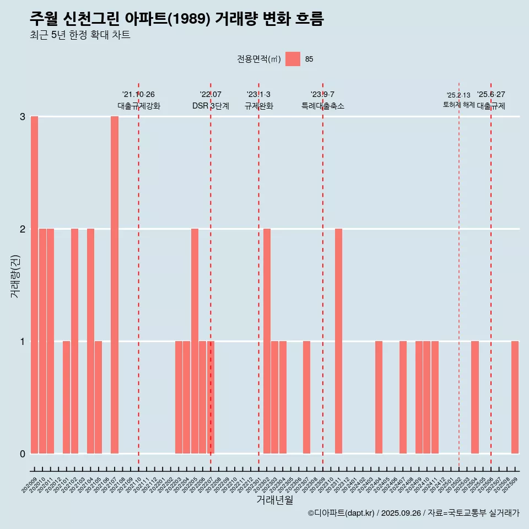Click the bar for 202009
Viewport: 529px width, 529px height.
click(x=34, y=285)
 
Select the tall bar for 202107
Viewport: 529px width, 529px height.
click(x=115, y=285)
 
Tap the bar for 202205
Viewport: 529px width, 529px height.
click(x=195, y=341)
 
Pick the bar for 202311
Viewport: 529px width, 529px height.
click(x=338, y=341)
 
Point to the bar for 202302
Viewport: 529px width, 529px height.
click(x=267, y=341)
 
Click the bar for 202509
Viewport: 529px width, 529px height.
click(x=515, y=397)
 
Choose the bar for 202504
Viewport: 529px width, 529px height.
click(x=474, y=397)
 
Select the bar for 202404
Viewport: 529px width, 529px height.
click(x=379, y=397)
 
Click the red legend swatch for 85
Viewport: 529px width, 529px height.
click(x=293, y=59)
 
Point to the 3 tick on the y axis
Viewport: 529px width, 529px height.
click(x=23, y=117)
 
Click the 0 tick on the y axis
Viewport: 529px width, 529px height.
click(x=23, y=454)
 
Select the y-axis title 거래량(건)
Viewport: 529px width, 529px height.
click(x=15, y=276)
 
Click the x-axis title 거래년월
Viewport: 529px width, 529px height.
click(x=274, y=500)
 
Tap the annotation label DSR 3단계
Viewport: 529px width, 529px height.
click(x=210, y=106)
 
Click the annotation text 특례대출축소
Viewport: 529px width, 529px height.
click(x=322, y=106)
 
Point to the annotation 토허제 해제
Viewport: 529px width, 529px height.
click(x=458, y=104)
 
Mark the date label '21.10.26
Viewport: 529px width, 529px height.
click(x=138, y=95)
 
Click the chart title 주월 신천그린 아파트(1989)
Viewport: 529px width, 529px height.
click(x=176, y=19)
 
